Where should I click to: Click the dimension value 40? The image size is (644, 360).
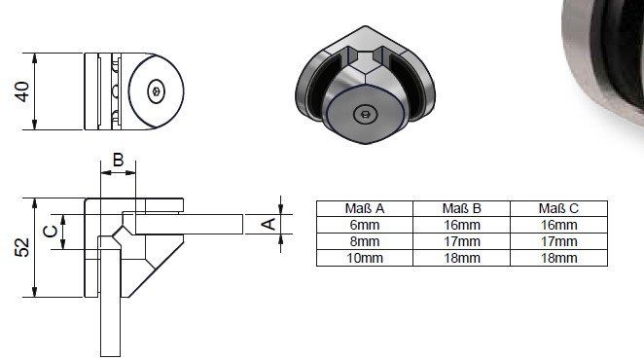click(22, 91)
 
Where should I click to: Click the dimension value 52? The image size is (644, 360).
click(22, 247)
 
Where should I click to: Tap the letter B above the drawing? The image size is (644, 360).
click(118, 160)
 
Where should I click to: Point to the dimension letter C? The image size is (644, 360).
click(51, 232)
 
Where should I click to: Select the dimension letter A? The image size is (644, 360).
click(268, 224)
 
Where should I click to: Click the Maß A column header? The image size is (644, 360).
click(364, 208)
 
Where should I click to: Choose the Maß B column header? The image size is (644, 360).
click(461, 208)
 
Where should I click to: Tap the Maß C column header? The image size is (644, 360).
click(558, 208)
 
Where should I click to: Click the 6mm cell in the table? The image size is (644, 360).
click(365, 225)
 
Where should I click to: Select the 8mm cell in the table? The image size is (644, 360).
click(365, 241)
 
